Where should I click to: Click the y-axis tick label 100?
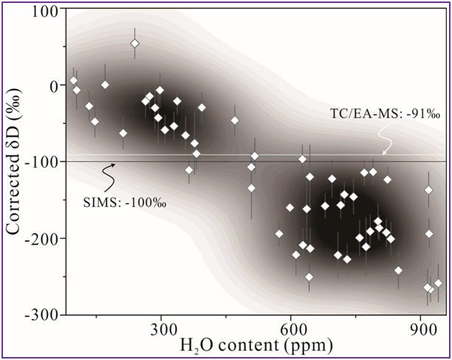tap(45, 10)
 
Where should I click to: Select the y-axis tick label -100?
tap(41, 161)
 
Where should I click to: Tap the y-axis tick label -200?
tap(41, 237)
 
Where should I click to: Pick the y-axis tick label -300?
tap(41, 313)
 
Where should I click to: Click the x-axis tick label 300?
tap(161, 328)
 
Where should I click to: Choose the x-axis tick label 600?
tap(292, 328)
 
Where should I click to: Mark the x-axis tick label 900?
tap(422, 328)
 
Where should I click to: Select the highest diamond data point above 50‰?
tap(135, 44)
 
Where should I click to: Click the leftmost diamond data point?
tap(73, 81)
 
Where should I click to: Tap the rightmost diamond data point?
tap(439, 283)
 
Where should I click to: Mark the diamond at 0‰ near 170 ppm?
tap(105, 85)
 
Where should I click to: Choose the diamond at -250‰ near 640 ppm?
tap(309, 277)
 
